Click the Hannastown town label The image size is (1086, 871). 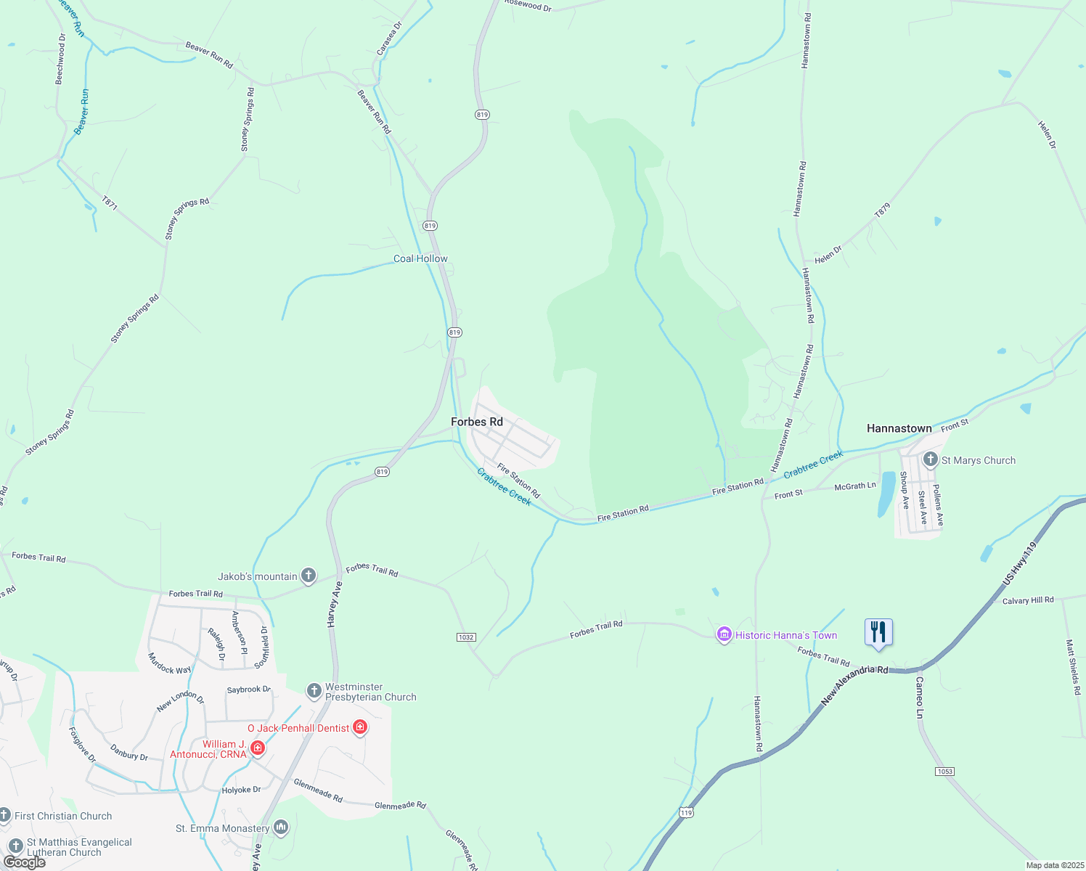899,428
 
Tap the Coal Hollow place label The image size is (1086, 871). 420,258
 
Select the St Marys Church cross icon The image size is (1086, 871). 931,459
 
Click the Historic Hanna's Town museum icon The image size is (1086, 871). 724,635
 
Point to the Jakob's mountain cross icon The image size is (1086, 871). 308,576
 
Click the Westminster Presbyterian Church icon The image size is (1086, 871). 314,691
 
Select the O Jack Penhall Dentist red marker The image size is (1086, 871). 360,727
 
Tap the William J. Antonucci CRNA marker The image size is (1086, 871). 257,748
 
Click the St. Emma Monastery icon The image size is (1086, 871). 281,827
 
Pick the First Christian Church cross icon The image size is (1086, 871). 5,816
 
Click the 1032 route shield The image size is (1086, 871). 466,637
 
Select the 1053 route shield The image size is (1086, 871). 944,772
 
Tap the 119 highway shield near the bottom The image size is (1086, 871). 686,813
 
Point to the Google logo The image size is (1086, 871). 24,862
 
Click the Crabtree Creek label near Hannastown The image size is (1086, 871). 813,464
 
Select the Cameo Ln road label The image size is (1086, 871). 920,698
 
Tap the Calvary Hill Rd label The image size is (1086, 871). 1027,600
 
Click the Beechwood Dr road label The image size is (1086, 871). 61,59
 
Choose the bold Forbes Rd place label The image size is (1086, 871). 476,422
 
